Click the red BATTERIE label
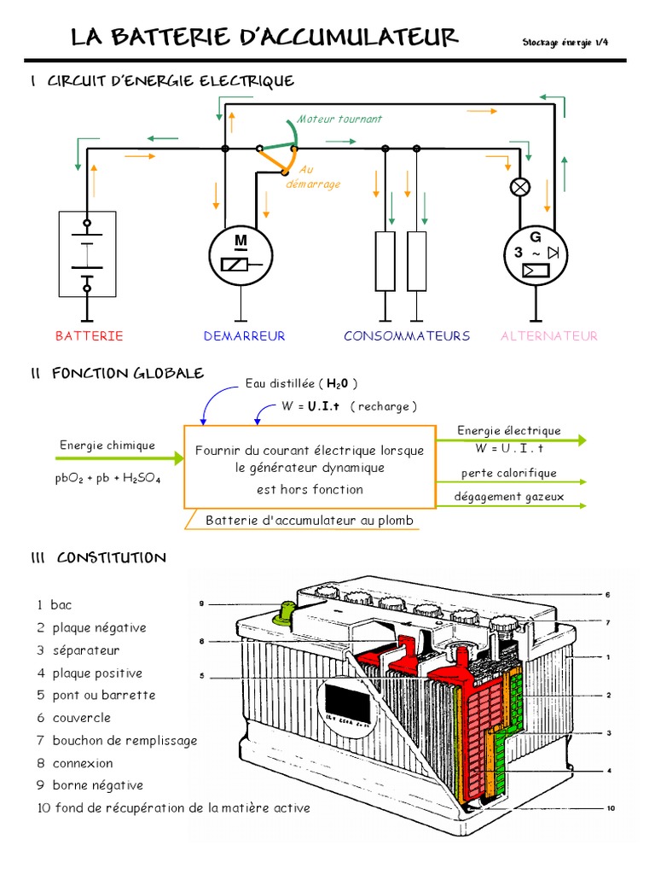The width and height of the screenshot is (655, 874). [x=90, y=336]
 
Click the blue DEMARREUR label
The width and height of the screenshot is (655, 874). [x=244, y=336]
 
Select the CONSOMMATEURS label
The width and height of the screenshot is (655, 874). [x=407, y=336]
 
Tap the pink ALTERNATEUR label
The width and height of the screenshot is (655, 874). [x=548, y=336]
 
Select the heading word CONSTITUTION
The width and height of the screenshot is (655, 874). [x=111, y=558]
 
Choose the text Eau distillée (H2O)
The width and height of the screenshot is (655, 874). [x=301, y=383]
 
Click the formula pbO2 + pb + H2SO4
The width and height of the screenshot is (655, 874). [x=108, y=479]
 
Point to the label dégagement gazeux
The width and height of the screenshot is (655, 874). [x=508, y=497]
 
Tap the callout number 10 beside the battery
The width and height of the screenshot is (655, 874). [x=611, y=807]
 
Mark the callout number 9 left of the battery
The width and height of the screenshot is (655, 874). [x=202, y=604]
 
